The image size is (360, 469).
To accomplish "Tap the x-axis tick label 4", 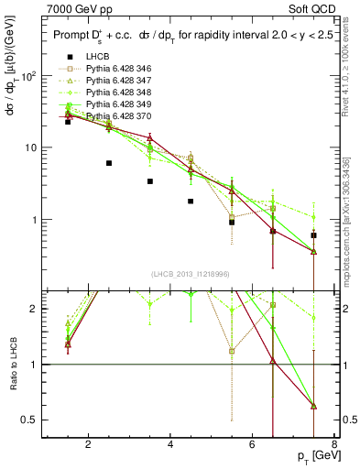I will pyautogui.click(x=171, y=446).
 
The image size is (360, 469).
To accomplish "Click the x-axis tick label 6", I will pyautogui.click(x=255, y=446).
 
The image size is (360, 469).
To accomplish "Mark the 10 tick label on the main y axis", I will pyautogui.click(x=29, y=147).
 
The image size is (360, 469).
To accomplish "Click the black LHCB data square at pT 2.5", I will pyautogui.click(x=109, y=163).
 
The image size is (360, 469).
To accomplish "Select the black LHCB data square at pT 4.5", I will pyautogui.click(x=191, y=201).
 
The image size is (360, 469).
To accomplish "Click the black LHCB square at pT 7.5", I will pyautogui.click(x=314, y=235).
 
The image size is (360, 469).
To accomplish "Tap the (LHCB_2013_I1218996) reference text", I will pyautogui.click(x=191, y=274).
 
